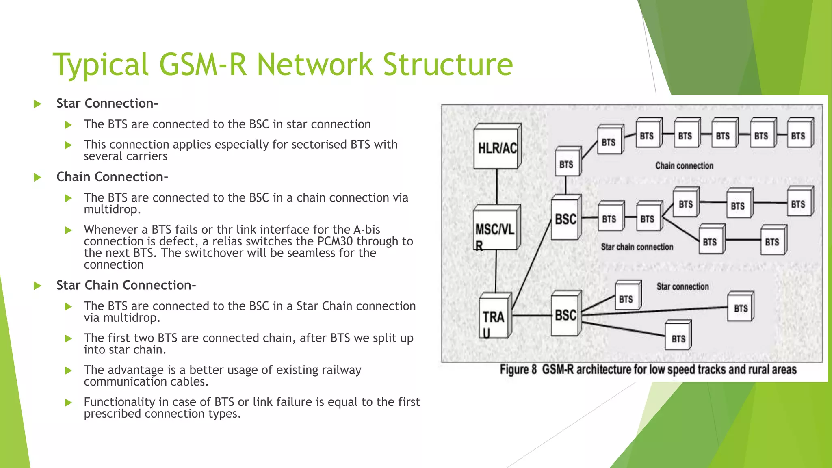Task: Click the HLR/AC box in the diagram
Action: click(x=497, y=147)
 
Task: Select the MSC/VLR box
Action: click(x=495, y=229)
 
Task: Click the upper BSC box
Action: click(x=565, y=219)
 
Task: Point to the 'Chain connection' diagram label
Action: click(x=684, y=166)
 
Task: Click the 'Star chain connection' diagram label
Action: click(x=637, y=247)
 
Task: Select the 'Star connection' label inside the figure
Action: click(x=682, y=287)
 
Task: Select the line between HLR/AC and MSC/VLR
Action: click(x=497, y=187)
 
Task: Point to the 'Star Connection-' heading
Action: click(x=107, y=104)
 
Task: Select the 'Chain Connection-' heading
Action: click(x=112, y=177)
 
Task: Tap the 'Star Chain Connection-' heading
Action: click(x=126, y=286)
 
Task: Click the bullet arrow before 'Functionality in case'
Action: click(x=68, y=403)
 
